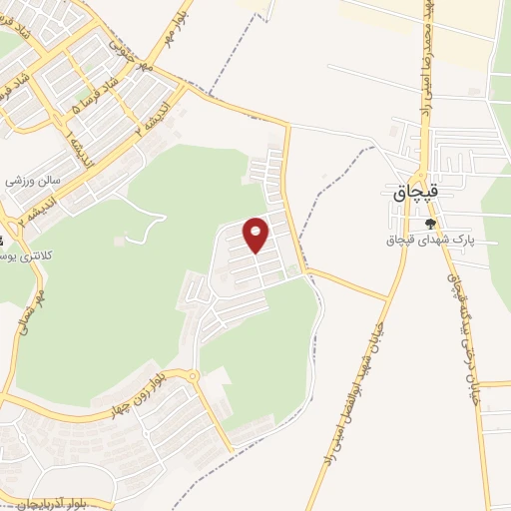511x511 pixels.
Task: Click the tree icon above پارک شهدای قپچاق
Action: point(430,223)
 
